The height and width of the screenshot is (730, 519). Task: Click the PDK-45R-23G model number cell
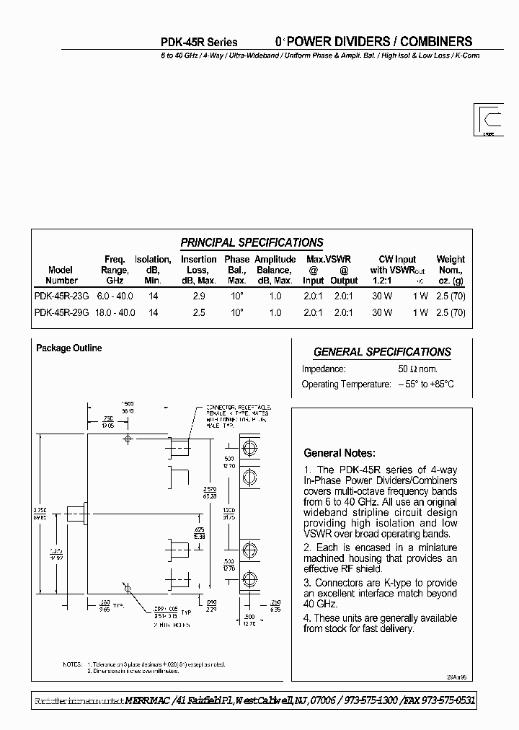[61, 296]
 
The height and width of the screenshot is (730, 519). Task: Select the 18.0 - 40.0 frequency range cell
[115, 313]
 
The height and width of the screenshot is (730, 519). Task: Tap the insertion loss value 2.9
[199, 296]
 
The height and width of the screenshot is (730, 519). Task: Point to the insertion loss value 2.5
[199, 313]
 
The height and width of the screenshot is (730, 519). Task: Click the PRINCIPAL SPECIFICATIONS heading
[252, 243]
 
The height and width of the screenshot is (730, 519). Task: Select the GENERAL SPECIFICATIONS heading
[382, 352]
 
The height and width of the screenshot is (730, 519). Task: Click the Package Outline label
[69, 348]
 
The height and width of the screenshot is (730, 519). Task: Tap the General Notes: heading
[339, 454]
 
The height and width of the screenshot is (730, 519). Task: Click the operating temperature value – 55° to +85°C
[426, 384]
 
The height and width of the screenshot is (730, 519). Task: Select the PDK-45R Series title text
[198, 43]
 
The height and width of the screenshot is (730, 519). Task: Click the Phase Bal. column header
[236, 270]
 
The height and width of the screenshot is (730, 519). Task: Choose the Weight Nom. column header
[451, 270]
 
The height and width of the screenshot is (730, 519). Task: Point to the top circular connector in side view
[250, 448]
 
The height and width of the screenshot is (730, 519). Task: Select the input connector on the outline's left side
[76, 514]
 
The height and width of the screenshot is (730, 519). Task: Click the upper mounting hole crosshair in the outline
[128, 439]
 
